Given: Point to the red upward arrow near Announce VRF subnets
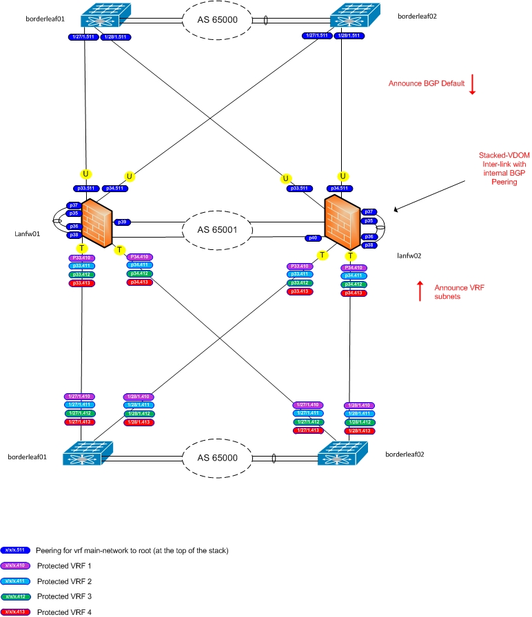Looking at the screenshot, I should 420,291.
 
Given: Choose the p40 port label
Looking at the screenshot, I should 314,238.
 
